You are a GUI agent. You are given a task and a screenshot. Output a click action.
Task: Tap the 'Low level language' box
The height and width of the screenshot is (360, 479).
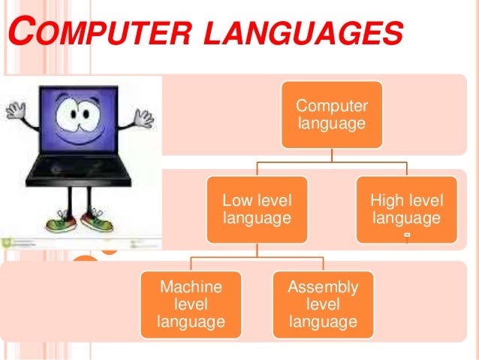[x=258, y=209]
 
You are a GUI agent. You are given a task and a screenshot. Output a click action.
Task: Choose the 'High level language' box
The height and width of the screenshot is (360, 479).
[x=406, y=209]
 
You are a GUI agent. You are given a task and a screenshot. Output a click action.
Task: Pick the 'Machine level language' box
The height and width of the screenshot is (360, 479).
[x=191, y=304]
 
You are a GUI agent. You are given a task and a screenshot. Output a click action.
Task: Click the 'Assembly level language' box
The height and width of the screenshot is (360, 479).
[x=323, y=304]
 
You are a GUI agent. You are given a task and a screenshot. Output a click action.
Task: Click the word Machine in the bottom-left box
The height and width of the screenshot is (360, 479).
[x=191, y=287]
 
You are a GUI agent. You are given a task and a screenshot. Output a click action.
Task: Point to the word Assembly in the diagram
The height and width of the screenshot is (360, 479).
[x=323, y=287]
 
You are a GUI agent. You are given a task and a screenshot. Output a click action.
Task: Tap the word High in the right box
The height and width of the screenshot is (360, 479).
[x=387, y=201]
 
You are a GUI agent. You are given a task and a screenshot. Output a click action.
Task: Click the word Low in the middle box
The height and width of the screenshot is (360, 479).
[x=237, y=201]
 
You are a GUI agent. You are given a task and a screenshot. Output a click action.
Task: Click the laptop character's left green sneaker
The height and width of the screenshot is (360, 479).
[x=59, y=222]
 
